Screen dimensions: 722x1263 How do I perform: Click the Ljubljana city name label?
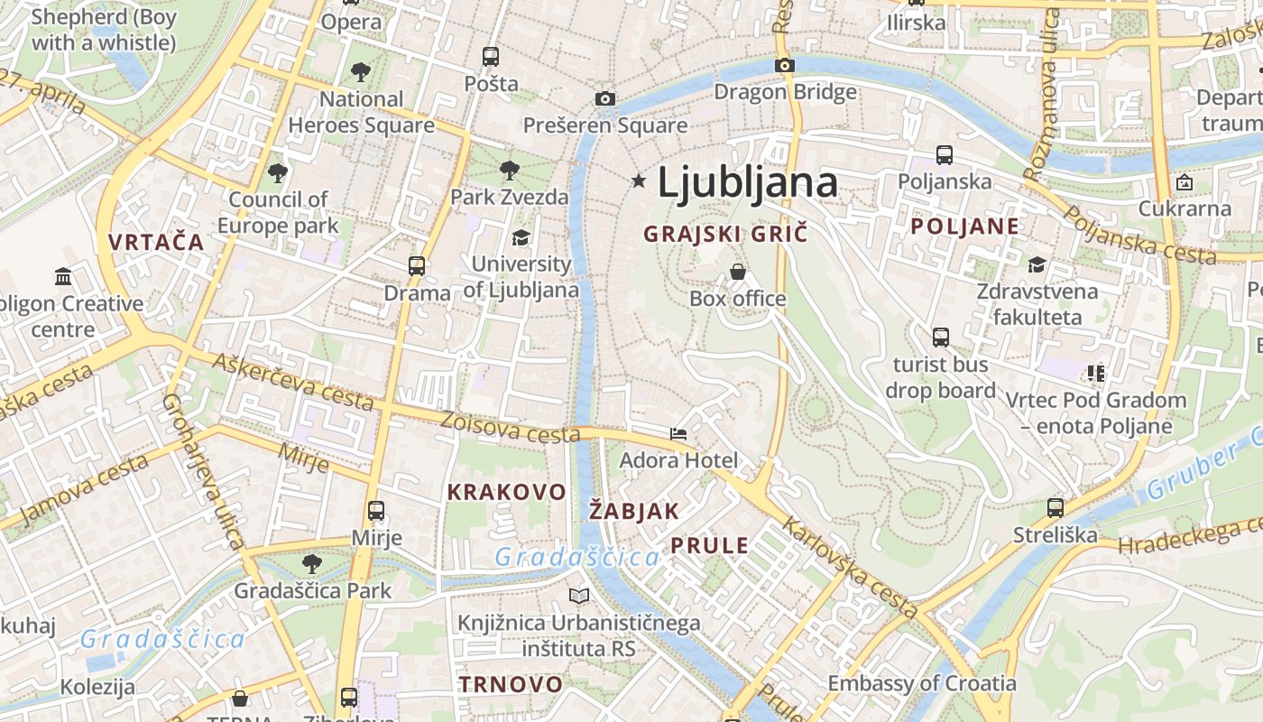click(747, 183)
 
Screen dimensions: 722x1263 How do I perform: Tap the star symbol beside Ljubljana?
click(640, 181)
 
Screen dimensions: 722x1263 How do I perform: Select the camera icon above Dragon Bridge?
click(785, 65)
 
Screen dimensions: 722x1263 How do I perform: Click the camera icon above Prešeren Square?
click(605, 98)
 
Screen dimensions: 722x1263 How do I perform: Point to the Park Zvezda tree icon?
click(510, 169)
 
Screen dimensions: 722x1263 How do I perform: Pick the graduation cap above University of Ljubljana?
click(521, 237)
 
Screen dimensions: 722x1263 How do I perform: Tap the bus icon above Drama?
click(416, 266)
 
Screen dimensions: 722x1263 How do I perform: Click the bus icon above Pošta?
click(491, 57)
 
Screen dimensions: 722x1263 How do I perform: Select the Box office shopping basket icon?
click(738, 271)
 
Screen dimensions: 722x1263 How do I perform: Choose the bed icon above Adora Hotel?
click(678, 434)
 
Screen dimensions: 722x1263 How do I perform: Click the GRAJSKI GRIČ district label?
click(724, 234)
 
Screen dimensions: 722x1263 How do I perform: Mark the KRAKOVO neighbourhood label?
click(506, 493)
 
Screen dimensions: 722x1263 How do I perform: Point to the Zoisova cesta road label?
click(510, 428)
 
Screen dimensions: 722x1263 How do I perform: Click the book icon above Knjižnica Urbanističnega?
click(579, 596)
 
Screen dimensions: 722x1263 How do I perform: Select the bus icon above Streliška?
click(1056, 508)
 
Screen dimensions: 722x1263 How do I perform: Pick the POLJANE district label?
click(964, 227)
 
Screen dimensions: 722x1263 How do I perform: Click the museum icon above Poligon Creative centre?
click(63, 276)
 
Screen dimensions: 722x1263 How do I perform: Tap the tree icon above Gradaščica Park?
click(312, 564)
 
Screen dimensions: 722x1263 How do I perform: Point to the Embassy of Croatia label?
click(922, 683)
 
